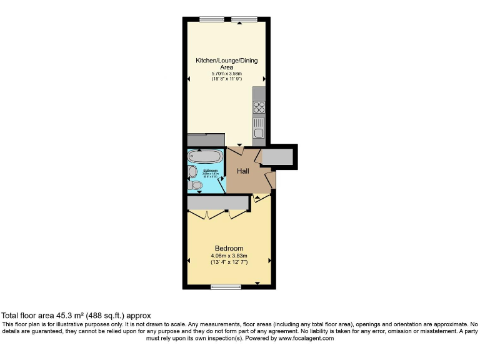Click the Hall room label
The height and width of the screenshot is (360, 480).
point(243,171)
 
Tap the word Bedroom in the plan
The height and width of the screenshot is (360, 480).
point(229,248)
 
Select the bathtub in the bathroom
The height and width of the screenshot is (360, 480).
point(205,156)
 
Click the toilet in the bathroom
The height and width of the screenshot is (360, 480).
point(196,186)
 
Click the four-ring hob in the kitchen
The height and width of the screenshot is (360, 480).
point(259,107)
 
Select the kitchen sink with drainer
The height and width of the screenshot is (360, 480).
point(259,129)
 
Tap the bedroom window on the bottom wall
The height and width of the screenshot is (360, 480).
point(226,287)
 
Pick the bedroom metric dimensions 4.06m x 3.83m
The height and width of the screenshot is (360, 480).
point(229,256)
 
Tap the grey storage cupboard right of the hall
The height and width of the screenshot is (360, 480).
point(277,157)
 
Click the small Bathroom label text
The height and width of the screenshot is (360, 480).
point(210,170)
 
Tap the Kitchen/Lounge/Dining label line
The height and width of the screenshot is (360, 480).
point(226,61)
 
